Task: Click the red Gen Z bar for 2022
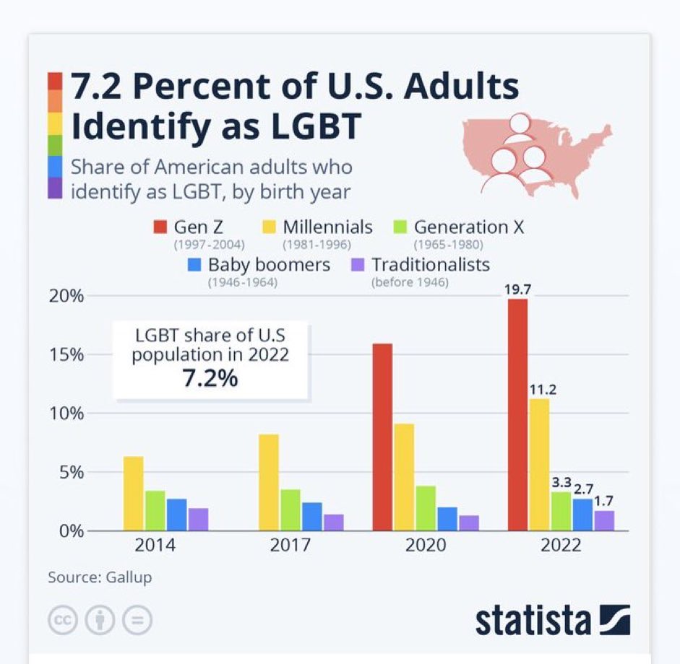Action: [517, 415]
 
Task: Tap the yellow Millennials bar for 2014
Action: [133, 494]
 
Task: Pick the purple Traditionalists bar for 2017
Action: [333, 523]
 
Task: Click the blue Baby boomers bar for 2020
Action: [447, 519]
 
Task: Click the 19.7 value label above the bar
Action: [518, 290]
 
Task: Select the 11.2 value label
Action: [539, 390]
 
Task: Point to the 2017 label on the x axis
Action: [290, 545]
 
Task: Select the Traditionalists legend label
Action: [431, 265]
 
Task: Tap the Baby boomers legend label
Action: [269, 265]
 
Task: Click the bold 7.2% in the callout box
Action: [209, 377]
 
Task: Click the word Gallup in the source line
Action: [130, 577]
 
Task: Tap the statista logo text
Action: [532, 620]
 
